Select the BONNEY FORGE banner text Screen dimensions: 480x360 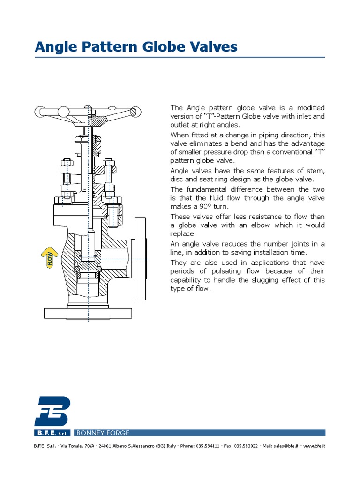pos(103,433)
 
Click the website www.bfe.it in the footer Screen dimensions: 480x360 pos(315,445)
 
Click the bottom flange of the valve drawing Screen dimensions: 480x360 pos(89,313)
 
